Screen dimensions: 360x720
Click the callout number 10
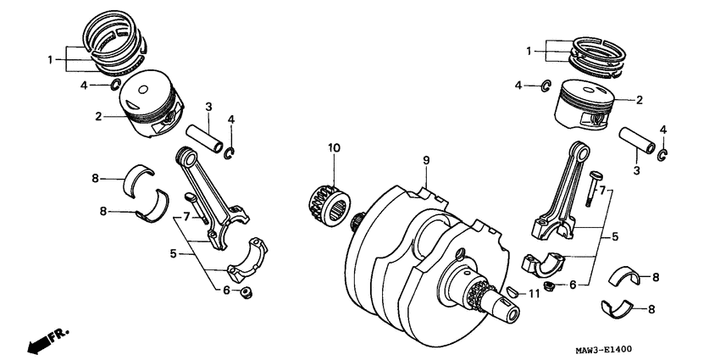click(x=334, y=148)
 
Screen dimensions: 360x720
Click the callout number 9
click(x=427, y=159)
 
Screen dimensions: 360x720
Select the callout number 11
click(x=533, y=294)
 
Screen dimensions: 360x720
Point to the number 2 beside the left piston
click(x=98, y=116)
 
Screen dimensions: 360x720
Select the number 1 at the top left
click(x=51, y=59)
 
